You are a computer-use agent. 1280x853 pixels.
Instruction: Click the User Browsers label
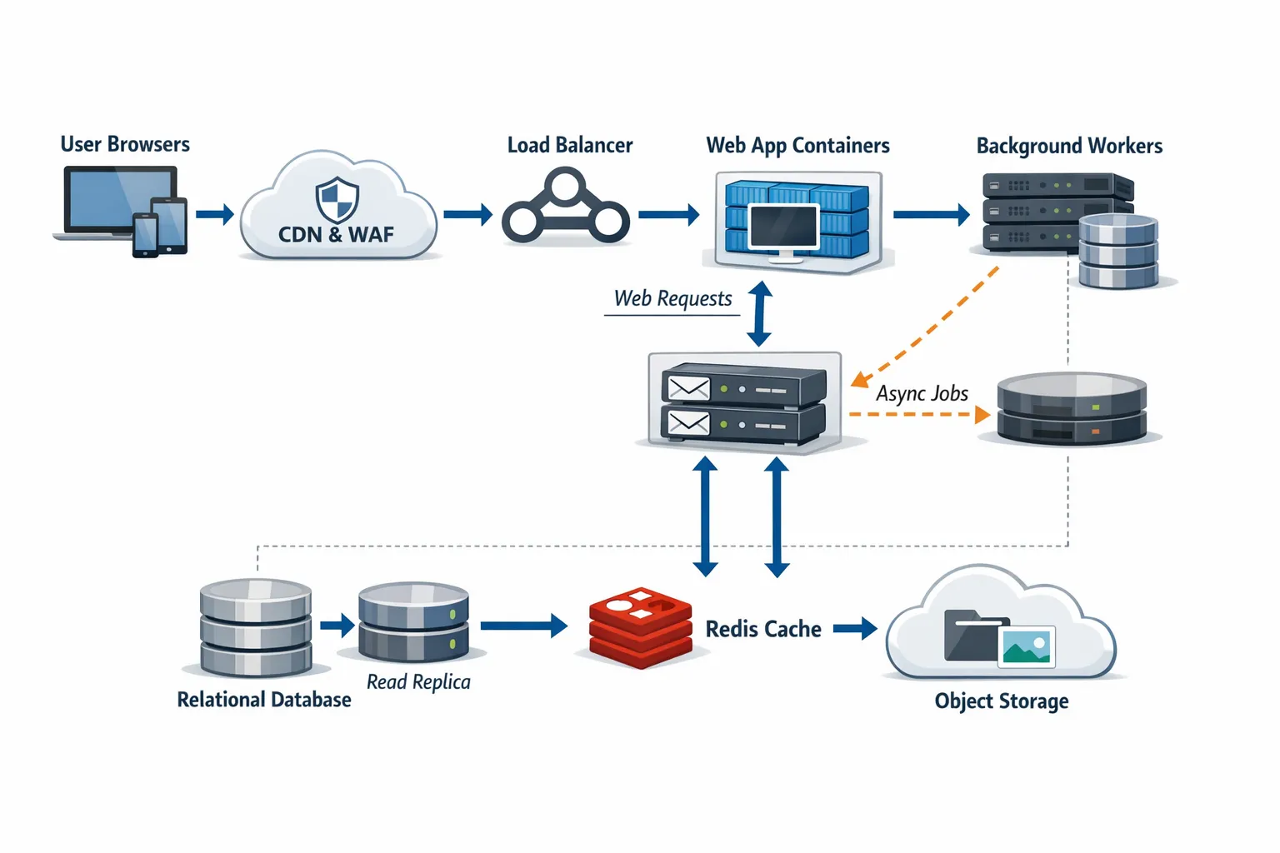tap(125, 144)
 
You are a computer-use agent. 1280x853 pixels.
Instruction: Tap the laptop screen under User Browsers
tap(121, 198)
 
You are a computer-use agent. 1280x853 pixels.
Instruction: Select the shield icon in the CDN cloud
tap(337, 200)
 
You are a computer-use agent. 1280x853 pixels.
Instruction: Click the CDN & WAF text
tap(336, 235)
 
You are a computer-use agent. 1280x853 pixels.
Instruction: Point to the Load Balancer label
tap(570, 145)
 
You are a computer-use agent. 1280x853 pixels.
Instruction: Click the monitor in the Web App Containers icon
tap(783, 227)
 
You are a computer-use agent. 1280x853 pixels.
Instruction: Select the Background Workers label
tap(1069, 146)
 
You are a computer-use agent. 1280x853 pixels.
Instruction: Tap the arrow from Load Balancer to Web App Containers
tap(668, 215)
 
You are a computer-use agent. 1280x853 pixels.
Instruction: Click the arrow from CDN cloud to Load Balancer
tap(467, 215)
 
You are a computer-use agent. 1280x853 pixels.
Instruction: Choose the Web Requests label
tap(672, 298)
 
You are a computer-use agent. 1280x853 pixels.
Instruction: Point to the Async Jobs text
tap(922, 393)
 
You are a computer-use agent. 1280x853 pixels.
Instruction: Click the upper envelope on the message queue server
tap(688, 388)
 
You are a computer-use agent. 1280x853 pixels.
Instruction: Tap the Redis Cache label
tap(763, 629)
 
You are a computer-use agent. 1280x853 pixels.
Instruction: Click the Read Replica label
tap(418, 681)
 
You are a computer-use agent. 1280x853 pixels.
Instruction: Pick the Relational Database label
tap(264, 700)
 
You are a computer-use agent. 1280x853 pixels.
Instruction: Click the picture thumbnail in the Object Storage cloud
tap(1027, 646)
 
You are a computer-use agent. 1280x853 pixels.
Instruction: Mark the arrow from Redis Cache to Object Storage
tap(855, 629)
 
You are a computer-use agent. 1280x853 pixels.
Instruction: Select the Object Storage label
tap(1002, 701)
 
